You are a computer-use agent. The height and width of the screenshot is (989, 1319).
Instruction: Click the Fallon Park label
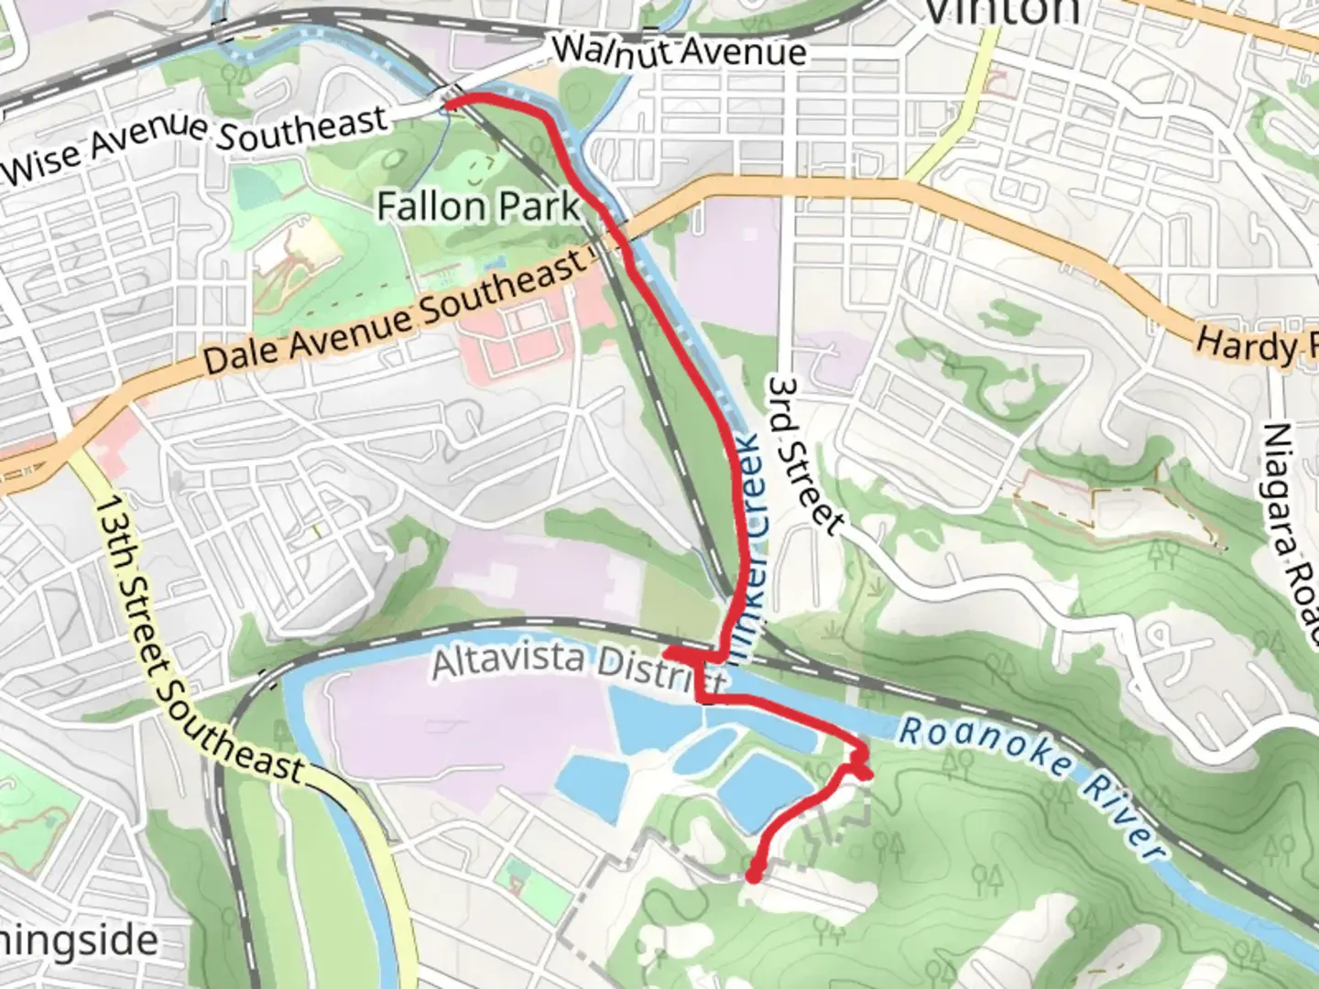[x=478, y=206]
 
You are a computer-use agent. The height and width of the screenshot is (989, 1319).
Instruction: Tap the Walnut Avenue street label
[x=680, y=50]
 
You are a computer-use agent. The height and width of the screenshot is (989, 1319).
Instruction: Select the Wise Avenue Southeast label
[x=194, y=144]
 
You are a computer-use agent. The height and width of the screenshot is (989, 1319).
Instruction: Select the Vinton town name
[x=1003, y=11]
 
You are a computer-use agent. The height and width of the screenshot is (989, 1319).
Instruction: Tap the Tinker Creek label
[x=753, y=522]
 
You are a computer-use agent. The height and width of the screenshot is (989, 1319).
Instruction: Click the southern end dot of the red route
[x=753, y=876]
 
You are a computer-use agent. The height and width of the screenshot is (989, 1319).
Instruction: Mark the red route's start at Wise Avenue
[x=450, y=102]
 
